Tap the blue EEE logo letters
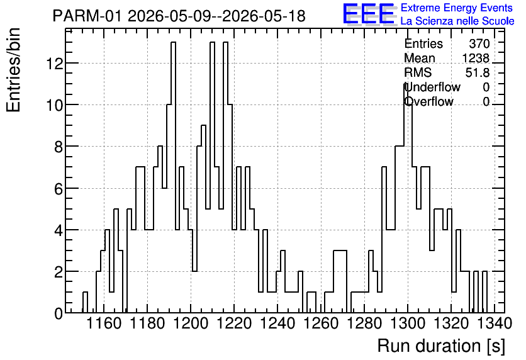(x=369, y=14)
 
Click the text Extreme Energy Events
(x=457, y=8)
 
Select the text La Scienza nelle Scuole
(x=457, y=21)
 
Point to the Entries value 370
(x=479, y=43)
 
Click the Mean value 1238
(x=476, y=58)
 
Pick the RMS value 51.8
(x=478, y=72)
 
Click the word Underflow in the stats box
(x=432, y=87)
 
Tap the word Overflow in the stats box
(x=428, y=101)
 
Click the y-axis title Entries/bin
(x=13, y=70)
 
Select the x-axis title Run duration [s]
(x=441, y=346)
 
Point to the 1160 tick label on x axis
(x=104, y=323)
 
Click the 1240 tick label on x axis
(x=277, y=323)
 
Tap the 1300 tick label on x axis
(x=408, y=323)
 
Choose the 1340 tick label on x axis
(x=495, y=323)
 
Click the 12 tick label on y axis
(x=54, y=63)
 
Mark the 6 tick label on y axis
(x=59, y=189)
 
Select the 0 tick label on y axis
(x=59, y=313)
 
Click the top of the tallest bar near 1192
(x=174, y=42)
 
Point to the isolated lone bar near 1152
(x=85, y=302)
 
